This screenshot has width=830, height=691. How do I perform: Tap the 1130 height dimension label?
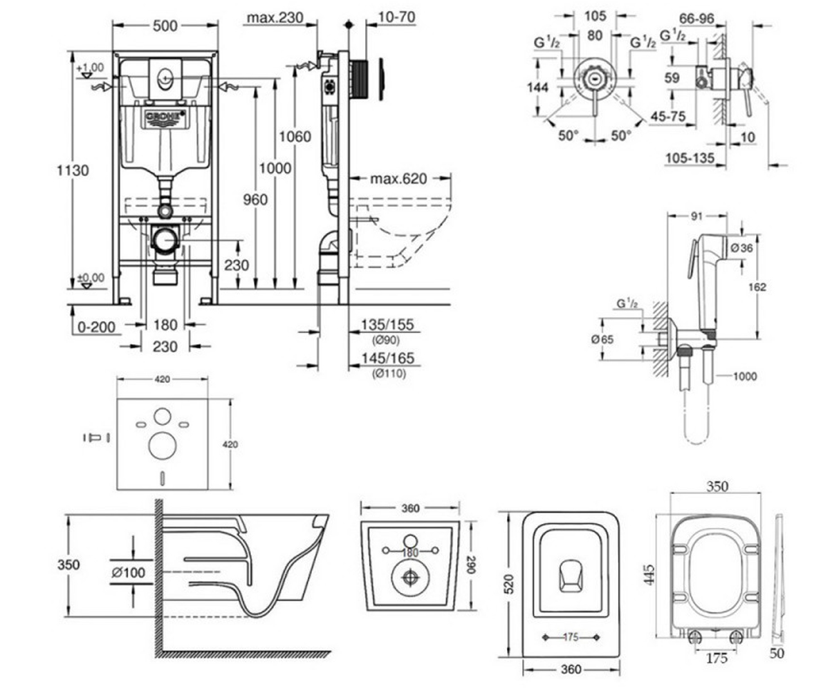[x=73, y=171]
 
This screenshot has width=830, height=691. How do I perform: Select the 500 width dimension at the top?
[x=165, y=26]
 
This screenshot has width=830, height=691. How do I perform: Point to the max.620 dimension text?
[x=398, y=179]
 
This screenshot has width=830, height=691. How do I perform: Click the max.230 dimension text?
[x=275, y=17]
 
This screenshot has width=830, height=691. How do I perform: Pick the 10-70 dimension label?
[x=396, y=17]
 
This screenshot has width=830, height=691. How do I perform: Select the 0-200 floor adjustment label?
[x=96, y=328]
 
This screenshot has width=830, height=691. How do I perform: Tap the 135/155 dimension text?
[x=387, y=325]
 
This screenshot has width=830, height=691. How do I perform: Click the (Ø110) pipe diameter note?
[x=389, y=374]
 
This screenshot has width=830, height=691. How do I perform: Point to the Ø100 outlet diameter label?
[x=129, y=572]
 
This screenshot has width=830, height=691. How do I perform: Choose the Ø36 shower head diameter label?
[x=741, y=248]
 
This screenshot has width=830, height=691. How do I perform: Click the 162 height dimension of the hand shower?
[x=757, y=287]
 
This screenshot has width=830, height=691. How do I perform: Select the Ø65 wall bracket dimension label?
[x=602, y=339]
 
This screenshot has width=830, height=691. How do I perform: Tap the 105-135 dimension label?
[x=690, y=158]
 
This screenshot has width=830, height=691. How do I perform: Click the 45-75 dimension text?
[x=668, y=116]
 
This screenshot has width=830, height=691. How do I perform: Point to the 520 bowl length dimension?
[x=509, y=584]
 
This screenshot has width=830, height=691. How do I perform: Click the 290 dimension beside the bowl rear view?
[x=470, y=565]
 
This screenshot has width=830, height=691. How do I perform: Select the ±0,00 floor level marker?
[x=91, y=278]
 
